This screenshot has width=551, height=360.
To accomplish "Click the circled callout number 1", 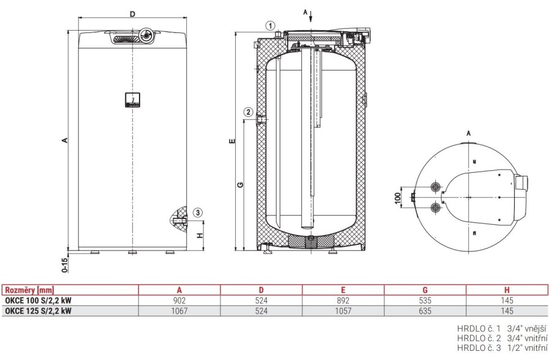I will pyautogui.click(x=270, y=25).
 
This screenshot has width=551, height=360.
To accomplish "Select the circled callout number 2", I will pyautogui.click(x=248, y=112).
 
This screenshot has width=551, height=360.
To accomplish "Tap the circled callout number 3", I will pyautogui.click(x=197, y=212).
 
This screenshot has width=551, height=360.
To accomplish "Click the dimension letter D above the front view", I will pyautogui.click(x=133, y=13).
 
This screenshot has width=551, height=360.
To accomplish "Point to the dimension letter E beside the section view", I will pyautogui.click(x=231, y=141).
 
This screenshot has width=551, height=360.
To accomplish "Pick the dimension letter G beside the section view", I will pyautogui.click(x=239, y=184).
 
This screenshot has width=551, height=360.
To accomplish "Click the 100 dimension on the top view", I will pyautogui.click(x=397, y=198).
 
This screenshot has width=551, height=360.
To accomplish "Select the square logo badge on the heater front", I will pyautogui.click(x=133, y=99).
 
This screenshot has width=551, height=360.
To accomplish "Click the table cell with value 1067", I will pyautogui.click(x=179, y=311).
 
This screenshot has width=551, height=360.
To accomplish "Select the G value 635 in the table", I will pyautogui.click(x=425, y=311).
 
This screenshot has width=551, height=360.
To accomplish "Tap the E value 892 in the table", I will pyautogui.click(x=343, y=301).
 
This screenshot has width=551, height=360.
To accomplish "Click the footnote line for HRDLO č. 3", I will pyautogui.click(x=501, y=348).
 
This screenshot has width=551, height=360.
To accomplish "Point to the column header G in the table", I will pyautogui.click(x=425, y=290).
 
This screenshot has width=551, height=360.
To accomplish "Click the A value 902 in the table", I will pyautogui.click(x=179, y=301).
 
